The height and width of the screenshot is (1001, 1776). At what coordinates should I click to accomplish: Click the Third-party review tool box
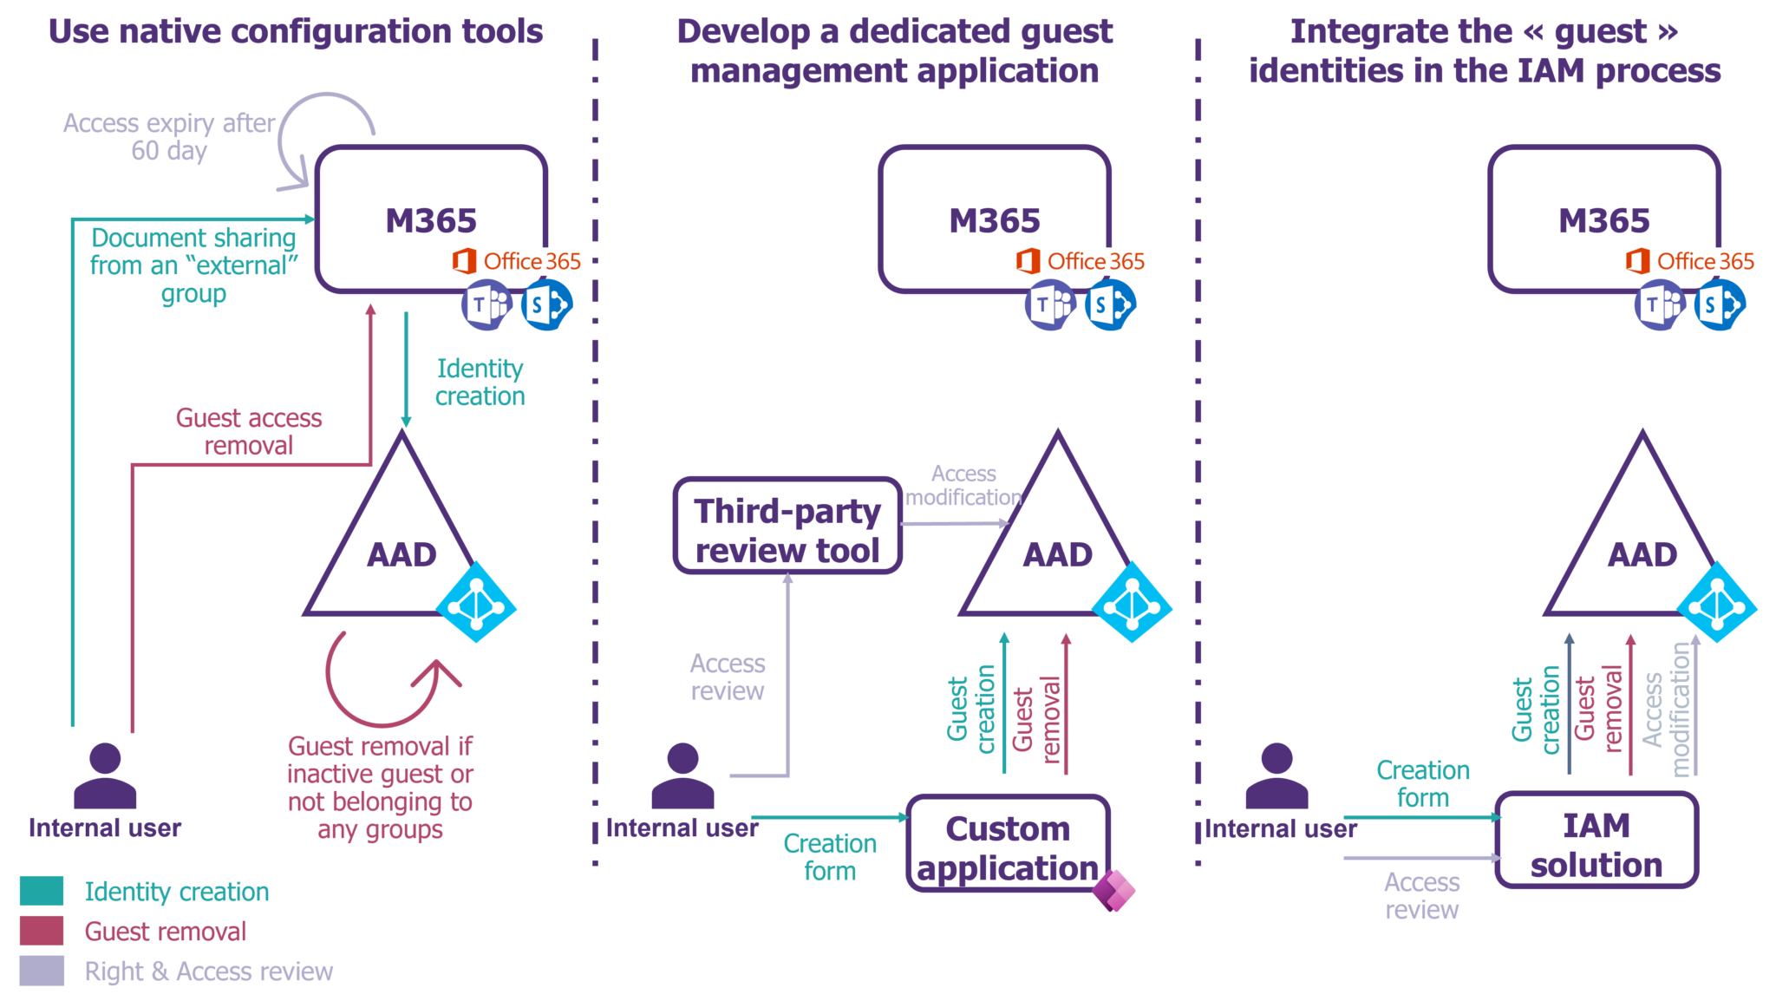[787, 526]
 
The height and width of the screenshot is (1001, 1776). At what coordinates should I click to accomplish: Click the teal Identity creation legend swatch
[42, 891]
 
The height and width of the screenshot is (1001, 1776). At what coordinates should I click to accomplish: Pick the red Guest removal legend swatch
[42, 931]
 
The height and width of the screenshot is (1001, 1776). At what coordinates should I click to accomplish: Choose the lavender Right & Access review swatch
[42, 971]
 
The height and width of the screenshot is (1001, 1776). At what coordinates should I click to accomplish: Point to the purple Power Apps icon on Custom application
[1113, 890]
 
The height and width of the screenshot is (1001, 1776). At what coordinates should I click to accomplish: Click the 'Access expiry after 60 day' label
[169, 137]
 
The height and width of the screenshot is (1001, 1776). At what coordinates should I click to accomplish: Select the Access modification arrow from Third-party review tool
[954, 523]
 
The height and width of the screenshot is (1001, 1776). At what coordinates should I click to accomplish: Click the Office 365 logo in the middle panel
[1080, 261]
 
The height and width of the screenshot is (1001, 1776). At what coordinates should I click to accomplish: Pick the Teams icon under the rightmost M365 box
[1658, 305]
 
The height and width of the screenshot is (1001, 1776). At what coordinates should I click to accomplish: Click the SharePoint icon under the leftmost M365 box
[545, 305]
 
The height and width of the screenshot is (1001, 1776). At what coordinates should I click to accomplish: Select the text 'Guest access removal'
[249, 431]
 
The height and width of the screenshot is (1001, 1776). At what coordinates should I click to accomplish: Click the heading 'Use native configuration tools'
[296, 31]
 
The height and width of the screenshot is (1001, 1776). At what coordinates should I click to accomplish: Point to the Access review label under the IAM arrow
[1421, 896]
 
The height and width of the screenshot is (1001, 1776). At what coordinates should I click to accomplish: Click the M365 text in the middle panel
[994, 220]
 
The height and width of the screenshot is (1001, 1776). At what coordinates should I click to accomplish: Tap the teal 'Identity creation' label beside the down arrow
[480, 382]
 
